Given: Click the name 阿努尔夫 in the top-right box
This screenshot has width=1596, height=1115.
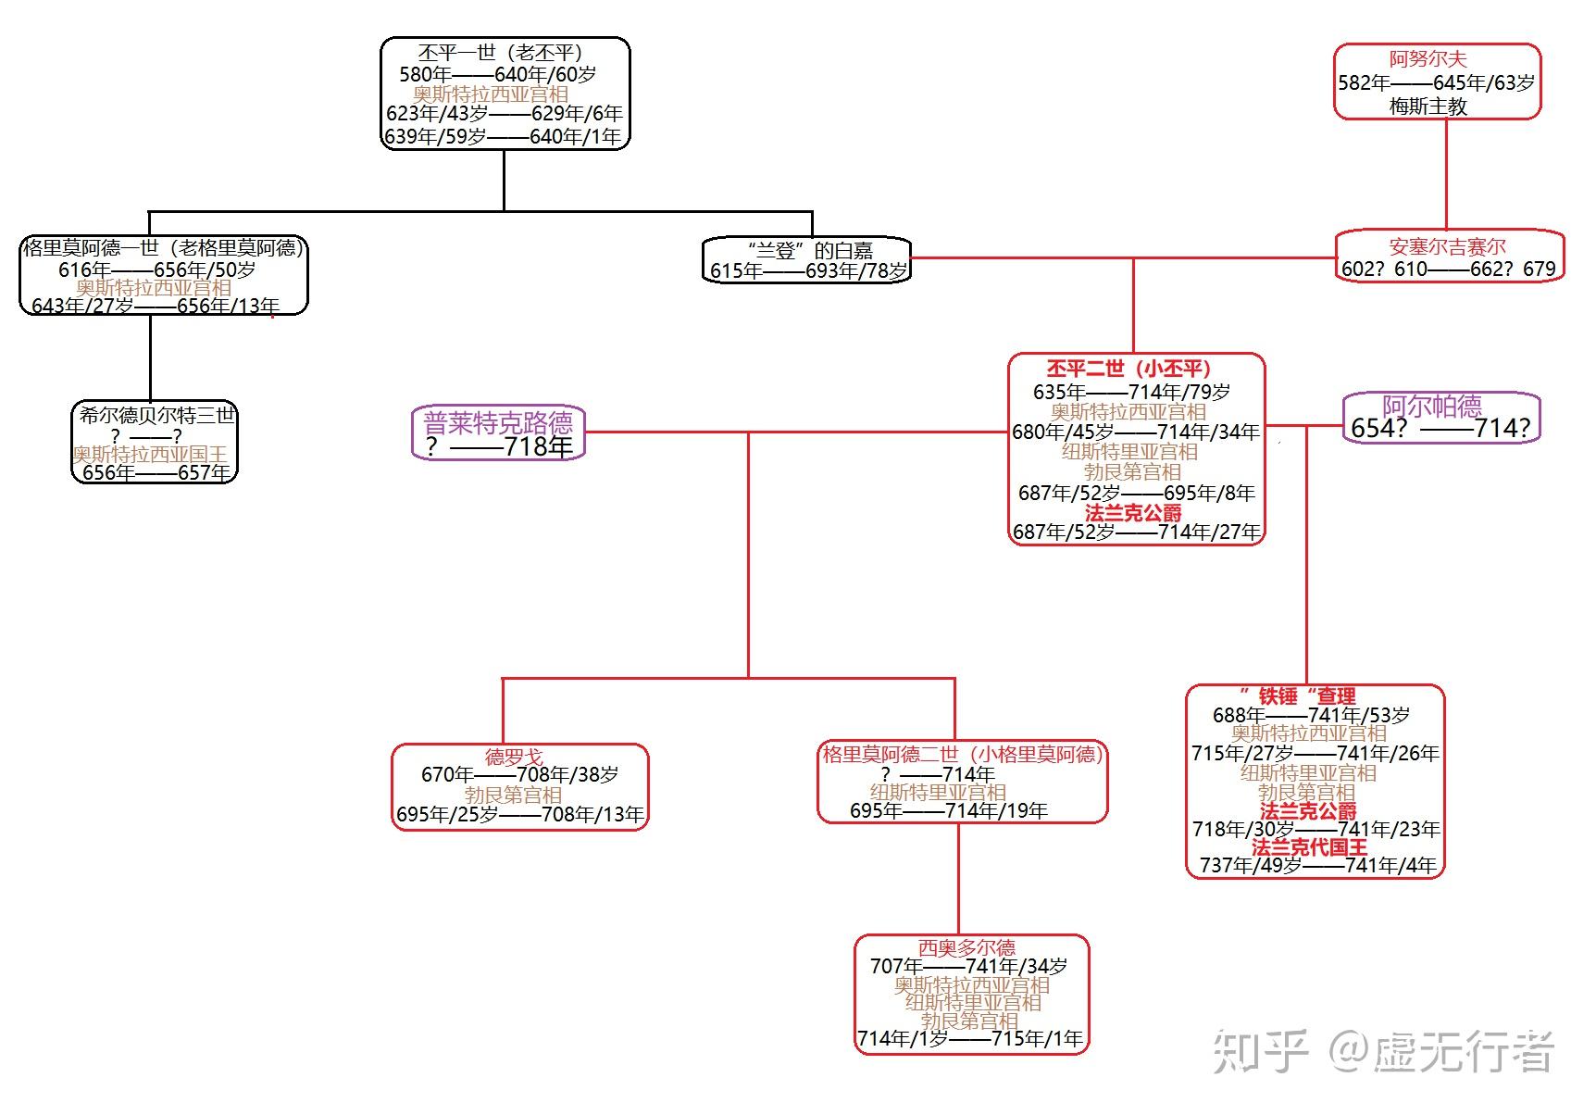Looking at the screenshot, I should (1428, 59).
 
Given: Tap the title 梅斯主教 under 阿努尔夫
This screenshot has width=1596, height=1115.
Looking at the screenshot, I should (1428, 106).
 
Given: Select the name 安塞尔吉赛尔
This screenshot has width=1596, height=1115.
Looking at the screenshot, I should (1447, 246).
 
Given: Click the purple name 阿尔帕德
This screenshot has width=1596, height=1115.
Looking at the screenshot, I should (1431, 406).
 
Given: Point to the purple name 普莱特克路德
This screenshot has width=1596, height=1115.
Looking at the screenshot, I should (498, 423).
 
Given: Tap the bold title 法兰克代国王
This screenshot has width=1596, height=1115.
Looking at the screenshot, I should (1308, 846).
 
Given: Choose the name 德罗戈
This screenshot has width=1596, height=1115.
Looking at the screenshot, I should (514, 757).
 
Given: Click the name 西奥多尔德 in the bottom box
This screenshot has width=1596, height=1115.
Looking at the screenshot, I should (966, 947).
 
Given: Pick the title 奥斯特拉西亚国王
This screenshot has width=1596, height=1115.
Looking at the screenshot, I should (150, 454).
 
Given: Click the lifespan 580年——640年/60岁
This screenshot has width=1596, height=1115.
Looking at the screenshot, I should (497, 74).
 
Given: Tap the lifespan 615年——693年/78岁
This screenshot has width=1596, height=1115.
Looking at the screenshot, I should (808, 271).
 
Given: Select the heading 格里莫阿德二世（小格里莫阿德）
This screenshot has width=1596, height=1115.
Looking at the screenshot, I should (963, 755).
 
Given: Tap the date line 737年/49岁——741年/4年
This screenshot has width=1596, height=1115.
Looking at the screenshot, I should (1318, 865).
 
